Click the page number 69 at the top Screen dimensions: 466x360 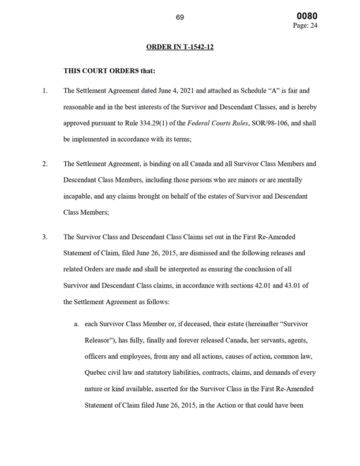[179, 17]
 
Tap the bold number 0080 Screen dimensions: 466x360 [306, 16]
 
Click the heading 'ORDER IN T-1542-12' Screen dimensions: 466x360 [179, 47]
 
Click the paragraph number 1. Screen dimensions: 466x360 [44, 91]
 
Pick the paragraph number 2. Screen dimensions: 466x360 [44, 164]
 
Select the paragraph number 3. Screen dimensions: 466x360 [44, 237]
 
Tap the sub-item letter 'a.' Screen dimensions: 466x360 [76, 324]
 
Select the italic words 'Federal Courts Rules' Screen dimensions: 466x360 [214, 124]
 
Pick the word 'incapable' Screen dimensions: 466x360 [78, 196]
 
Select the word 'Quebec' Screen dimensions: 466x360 [96, 372]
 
